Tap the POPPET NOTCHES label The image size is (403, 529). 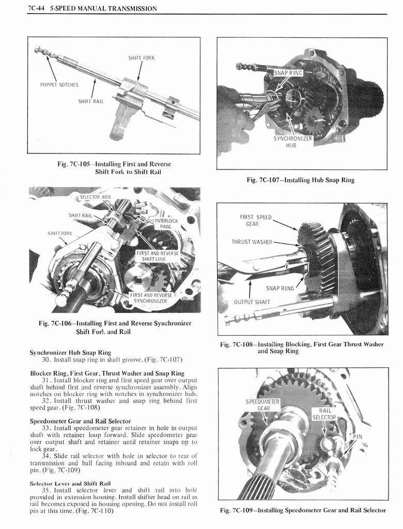pos(59,85)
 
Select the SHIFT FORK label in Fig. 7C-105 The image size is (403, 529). pos(141,58)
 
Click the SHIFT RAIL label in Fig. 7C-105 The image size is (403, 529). pos(91,101)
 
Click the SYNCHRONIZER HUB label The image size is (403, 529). pos(292,142)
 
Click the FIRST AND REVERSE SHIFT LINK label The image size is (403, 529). pos(158,256)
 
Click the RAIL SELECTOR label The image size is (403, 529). pos(324,414)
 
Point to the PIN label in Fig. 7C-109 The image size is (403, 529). pos(357,437)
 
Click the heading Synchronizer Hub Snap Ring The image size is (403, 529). pos(70,352)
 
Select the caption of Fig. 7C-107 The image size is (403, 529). pos(301,180)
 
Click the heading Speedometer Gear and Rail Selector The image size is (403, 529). pos(81,421)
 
